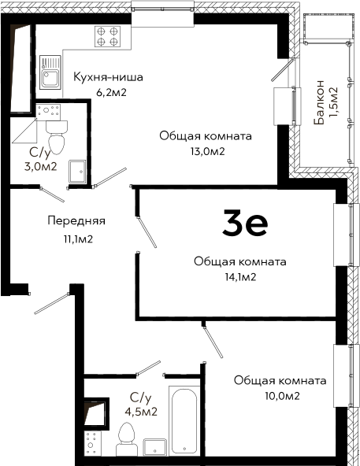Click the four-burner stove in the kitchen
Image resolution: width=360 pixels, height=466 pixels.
coord(108,36)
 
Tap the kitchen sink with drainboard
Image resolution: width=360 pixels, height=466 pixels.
coord(50,72)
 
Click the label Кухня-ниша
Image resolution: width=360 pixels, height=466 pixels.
coord(108,77)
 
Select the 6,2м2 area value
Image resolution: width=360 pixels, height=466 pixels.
coord(111,92)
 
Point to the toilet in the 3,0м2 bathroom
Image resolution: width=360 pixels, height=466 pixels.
coord(57,137)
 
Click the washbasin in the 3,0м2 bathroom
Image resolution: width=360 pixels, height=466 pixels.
coord(77,172)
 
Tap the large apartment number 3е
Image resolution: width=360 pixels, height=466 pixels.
coord(245,223)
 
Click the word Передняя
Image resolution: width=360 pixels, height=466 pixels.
coord(76,221)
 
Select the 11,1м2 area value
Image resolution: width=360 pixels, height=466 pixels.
coord(78,239)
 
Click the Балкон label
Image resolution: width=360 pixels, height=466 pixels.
coord(319,102)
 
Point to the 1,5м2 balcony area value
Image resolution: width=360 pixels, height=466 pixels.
coord(333,102)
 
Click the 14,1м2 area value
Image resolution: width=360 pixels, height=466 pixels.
coord(240,277)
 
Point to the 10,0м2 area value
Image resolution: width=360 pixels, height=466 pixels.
coord(282,396)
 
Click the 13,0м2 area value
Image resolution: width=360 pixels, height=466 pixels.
coord(208,152)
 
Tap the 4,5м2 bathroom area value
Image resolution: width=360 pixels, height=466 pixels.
coord(141,412)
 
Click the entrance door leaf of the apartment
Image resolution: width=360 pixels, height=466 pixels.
coord(52,304)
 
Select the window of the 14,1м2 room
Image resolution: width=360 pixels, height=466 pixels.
coord(343,235)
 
